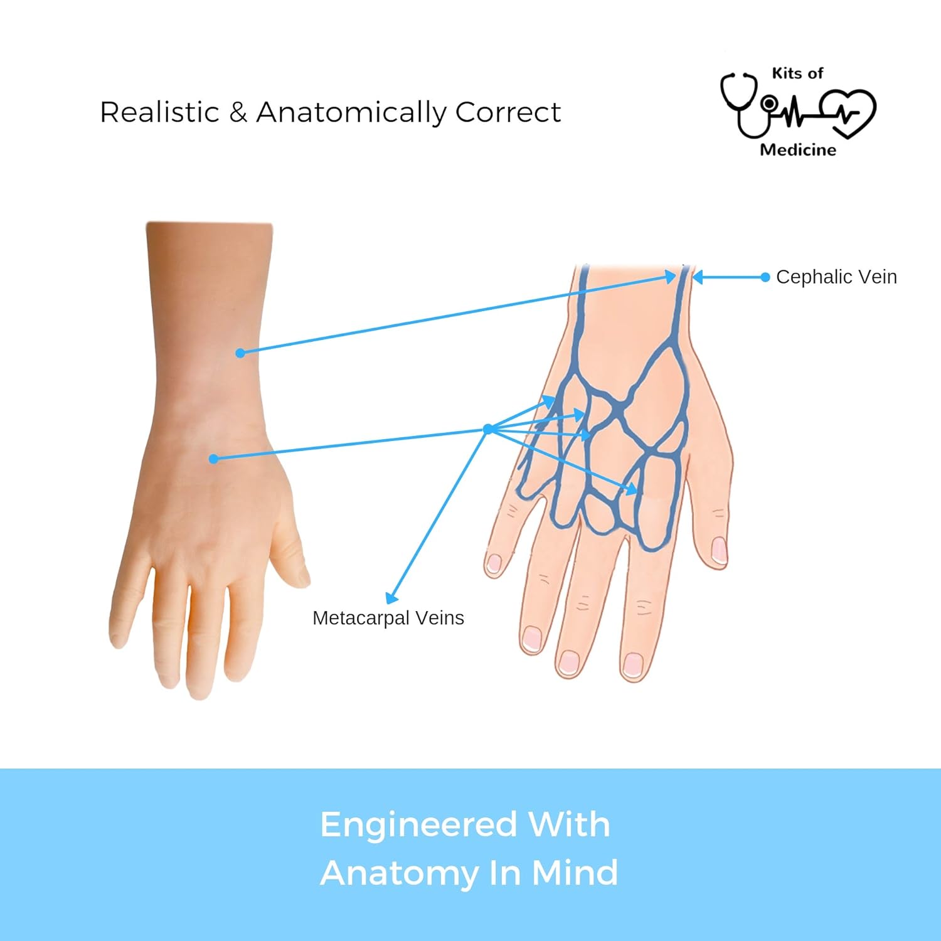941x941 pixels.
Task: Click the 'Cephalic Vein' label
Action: (836, 277)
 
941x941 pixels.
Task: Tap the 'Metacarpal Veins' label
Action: (388, 619)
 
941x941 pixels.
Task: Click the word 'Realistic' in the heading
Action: (159, 112)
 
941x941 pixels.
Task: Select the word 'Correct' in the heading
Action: (508, 112)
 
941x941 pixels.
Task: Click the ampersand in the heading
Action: (238, 112)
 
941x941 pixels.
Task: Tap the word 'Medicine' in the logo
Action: (798, 150)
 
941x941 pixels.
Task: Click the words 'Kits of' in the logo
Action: (797, 73)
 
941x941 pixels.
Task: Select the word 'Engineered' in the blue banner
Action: (418, 826)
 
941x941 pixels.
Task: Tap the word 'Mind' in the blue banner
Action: (575, 873)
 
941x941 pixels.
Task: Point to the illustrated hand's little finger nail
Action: (495, 563)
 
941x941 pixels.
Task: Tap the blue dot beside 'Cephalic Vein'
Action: (765, 277)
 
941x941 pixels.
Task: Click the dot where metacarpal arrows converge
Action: (488, 429)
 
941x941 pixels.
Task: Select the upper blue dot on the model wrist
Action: (240, 353)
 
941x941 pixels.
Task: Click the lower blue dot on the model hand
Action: (213, 459)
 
